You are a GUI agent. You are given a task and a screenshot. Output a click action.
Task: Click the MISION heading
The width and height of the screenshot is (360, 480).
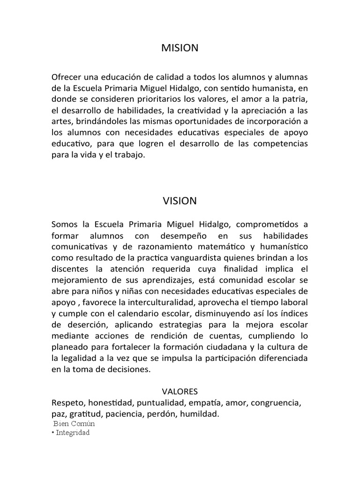[x=180, y=48]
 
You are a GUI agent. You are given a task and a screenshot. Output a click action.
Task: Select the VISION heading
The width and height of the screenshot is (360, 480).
[x=180, y=201]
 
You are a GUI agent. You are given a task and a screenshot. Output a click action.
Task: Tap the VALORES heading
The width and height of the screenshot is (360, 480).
[x=180, y=391]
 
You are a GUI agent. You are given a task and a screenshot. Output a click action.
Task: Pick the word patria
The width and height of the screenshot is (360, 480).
[x=295, y=99]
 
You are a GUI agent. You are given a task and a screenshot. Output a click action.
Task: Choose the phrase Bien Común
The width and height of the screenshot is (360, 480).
[x=75, y=424]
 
